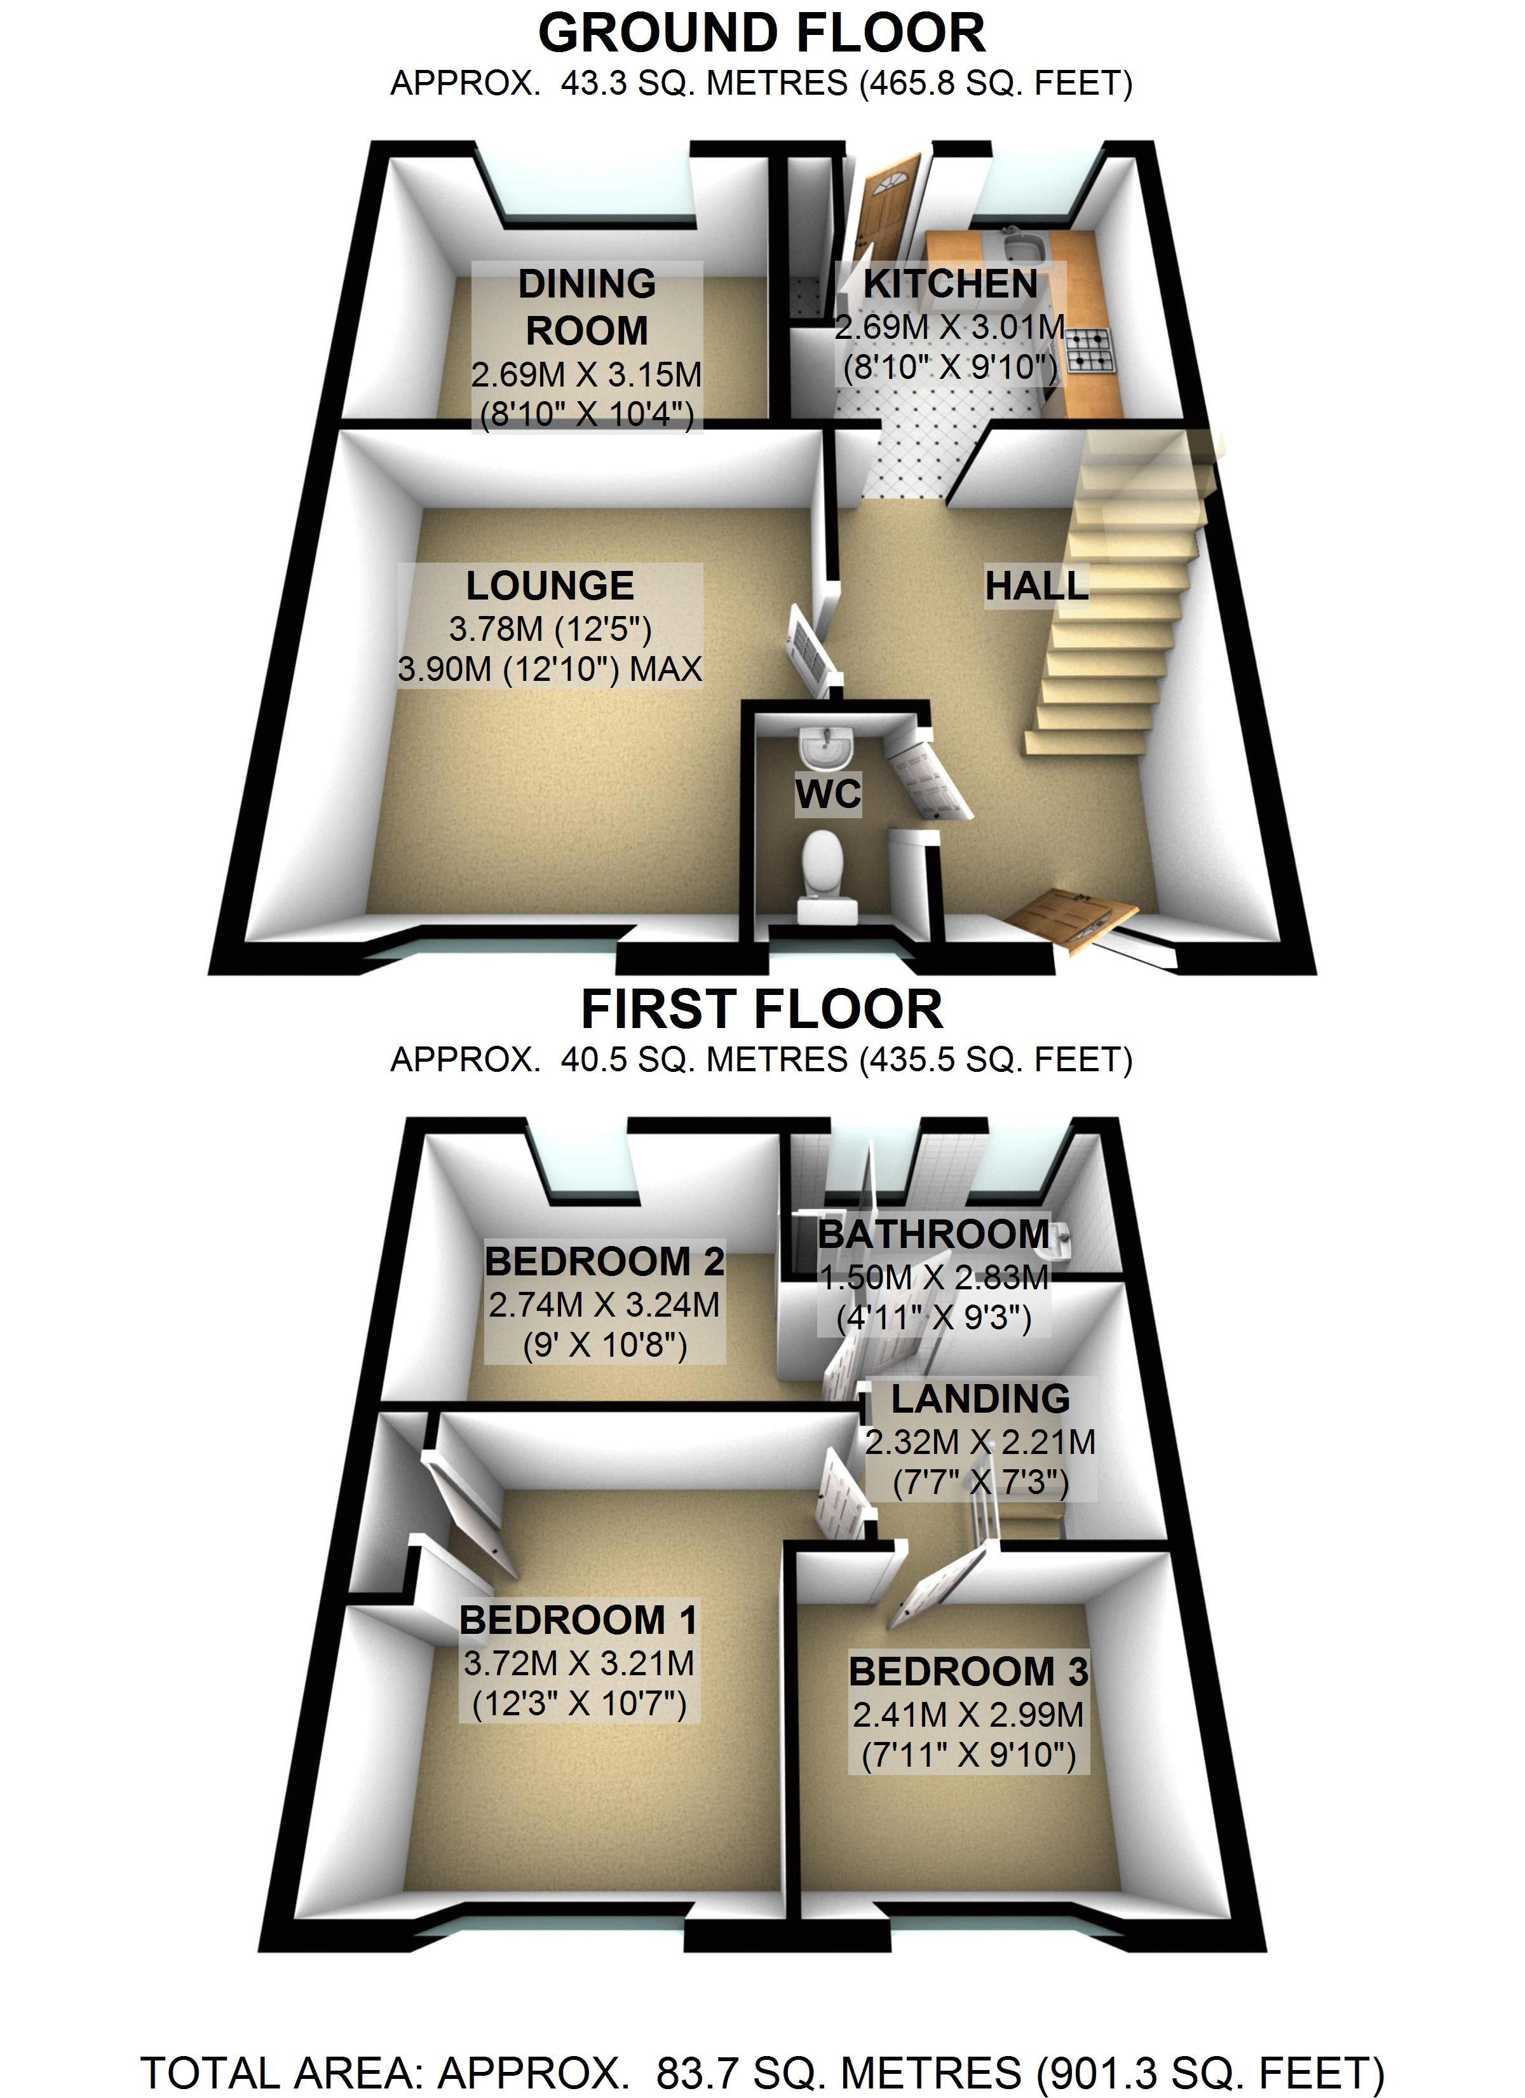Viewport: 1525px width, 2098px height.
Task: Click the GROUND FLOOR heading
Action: click(761, 34)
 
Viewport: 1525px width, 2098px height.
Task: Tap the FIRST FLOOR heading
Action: click(761, 1009)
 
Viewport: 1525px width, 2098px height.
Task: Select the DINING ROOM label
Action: click(586, 307)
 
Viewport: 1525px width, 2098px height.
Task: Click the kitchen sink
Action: click(1024, 247)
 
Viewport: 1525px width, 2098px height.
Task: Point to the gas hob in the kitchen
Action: click(1091, 352)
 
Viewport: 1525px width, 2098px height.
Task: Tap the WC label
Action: click(828, 793)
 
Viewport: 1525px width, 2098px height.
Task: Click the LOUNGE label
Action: click(550, 586)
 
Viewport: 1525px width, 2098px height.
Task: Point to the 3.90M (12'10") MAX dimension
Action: click(550, 669)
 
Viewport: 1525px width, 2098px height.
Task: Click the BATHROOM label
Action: click(934, 1234)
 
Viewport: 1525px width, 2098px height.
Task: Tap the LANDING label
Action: click(980, 1399)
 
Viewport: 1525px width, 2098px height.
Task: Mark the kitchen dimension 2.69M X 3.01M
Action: click(951, 327)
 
